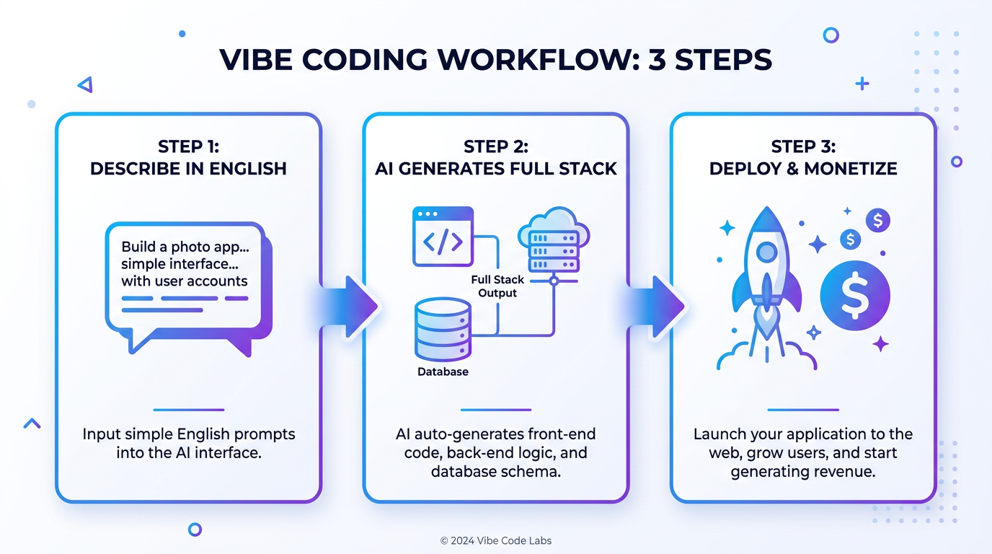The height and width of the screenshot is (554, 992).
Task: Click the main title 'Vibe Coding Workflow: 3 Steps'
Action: (495, 60)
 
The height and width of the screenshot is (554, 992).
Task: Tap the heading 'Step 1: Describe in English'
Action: (188, 158)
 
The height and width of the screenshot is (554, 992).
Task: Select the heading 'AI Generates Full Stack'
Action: (496, 169)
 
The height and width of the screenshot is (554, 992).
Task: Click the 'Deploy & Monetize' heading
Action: (803, 169)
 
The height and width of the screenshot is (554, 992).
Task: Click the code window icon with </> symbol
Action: (443, 237)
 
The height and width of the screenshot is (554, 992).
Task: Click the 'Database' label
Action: (443, 372)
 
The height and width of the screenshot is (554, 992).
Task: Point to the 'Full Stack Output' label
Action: (497, 286)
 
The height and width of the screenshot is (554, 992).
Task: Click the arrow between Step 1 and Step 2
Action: (350, 307)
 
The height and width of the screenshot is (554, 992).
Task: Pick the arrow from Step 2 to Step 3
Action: (657, 307)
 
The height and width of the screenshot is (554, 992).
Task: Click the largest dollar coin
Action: (855, 295)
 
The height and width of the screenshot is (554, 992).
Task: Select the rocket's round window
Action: (766, 252)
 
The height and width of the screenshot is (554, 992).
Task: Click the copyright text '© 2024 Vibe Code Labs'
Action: (495, 540)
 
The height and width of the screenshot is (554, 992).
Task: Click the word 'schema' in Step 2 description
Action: (534, 472)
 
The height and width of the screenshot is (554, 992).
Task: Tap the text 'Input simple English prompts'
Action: (188, 435)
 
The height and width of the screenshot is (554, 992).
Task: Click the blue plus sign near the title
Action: (862, 84)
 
